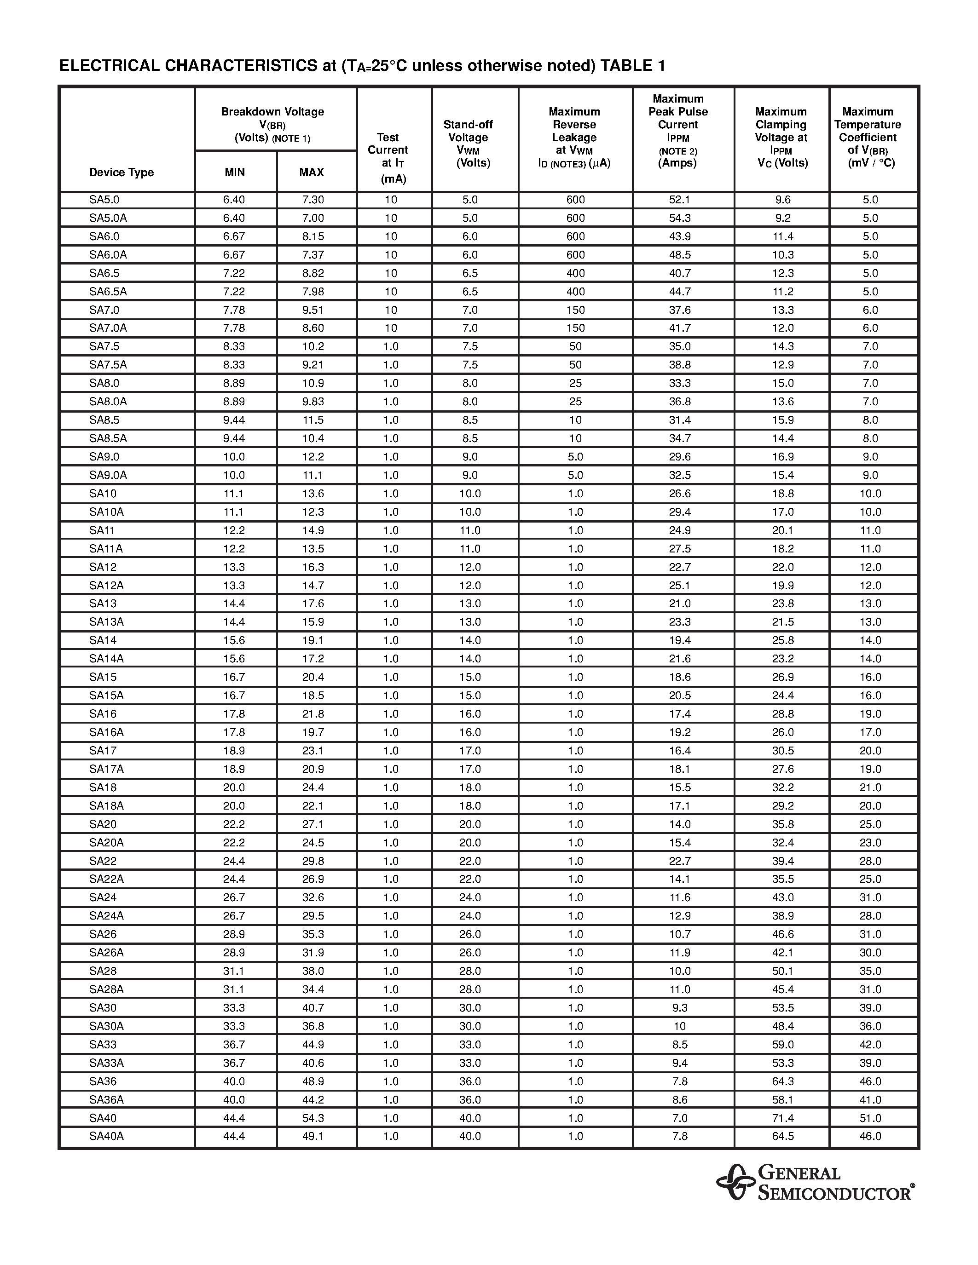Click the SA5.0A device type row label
(108, 218)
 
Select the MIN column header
(235, 172)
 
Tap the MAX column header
(311, 172)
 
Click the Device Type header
(121, 172)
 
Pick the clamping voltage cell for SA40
(782, 1118)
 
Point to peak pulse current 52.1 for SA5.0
(679, 199)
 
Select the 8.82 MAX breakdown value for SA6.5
(313, 273)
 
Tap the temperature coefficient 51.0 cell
(870, 1118)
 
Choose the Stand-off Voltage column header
(468, 143)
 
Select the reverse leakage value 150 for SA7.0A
(575, 328)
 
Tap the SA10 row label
(103, 494)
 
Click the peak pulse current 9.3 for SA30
(679, 1008)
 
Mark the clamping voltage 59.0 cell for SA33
(782, 1044)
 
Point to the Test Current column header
(388, 157)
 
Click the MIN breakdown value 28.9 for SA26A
(234, 952)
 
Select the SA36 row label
(103, 1081)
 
